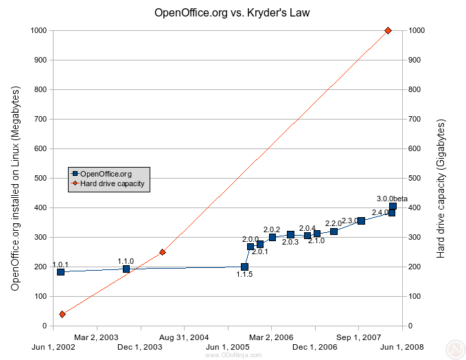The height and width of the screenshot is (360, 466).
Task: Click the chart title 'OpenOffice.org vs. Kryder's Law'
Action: coord(233,13)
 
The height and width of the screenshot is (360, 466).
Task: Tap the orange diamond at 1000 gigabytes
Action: coord(388,30)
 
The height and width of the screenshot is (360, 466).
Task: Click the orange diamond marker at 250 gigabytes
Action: coord(162,252)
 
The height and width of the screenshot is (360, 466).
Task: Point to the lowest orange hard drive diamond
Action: coord(62,314)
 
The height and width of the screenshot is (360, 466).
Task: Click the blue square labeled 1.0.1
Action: coord(60,272)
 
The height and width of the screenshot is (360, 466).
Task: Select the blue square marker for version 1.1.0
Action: coord(126,269)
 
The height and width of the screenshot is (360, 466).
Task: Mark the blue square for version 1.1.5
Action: coord(245,267)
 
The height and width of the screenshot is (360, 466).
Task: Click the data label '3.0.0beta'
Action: coord(392,199)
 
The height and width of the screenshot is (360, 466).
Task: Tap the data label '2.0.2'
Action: coord(272,229)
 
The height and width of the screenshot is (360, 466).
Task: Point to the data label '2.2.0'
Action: coord(334,223)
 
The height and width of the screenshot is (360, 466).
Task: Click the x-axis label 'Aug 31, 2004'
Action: coord(184,337)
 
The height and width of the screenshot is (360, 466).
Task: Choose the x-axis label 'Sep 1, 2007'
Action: coord(360,337)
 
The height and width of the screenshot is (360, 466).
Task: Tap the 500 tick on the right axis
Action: coord(415,178)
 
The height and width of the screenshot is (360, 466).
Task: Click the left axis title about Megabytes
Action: coord(15,188)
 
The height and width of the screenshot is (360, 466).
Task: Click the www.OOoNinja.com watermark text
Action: coord(233,355)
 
